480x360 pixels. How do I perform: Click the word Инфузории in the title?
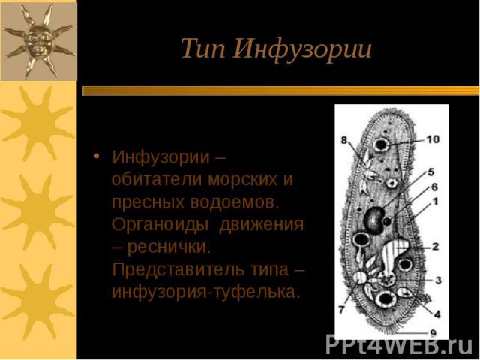[303, 50]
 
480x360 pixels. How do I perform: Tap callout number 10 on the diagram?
[433, 139]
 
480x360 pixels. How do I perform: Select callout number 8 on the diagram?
[344, 140]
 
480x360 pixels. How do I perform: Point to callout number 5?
[431, 172]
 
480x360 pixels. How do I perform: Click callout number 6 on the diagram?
[434, 187]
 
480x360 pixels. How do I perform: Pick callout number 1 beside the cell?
[435, 202]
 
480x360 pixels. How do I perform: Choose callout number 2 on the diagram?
[436, 246]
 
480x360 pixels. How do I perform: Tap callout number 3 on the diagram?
[438, 280]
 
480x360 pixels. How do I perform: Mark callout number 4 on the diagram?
[437, 313]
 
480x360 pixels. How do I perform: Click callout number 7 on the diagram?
[342, 309]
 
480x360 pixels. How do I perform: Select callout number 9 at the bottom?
[433, 332]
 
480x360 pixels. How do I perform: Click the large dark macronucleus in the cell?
[374, 220]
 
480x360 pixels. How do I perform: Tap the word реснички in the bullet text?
[169, 247]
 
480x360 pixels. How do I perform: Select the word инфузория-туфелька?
[205, 292]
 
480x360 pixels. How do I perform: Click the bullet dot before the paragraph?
[97, 156]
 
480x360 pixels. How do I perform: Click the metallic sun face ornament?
[38, 41]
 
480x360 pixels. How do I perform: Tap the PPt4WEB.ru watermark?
[399, 345]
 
